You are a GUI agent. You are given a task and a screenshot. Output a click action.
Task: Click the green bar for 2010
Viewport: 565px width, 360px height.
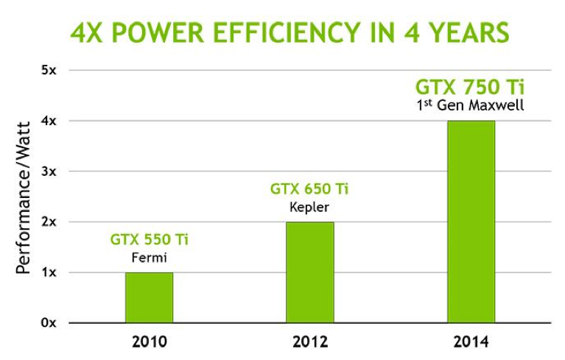coord(149,297)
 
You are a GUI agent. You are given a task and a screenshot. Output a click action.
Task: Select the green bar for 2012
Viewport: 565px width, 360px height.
coord(309,272)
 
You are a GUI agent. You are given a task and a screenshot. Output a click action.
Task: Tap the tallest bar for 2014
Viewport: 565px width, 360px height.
coord(471,222)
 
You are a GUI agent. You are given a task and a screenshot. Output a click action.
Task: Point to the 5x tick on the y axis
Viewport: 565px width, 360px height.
coord(49,71)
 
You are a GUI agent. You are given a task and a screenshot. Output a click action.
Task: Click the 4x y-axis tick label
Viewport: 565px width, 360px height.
coord(49,121)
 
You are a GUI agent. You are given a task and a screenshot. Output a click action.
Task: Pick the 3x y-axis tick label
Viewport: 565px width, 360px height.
coord(49,172)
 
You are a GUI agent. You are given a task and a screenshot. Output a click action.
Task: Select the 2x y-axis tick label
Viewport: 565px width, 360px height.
coord(49,222)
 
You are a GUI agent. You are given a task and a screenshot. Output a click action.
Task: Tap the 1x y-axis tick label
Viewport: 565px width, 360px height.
coord(49,272)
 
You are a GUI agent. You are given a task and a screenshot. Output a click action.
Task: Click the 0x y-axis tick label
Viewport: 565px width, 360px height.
coord(49,322)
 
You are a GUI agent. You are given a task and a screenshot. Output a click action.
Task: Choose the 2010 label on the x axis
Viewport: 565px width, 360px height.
coord(149,342)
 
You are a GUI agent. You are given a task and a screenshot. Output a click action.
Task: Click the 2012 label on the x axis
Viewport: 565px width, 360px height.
coord(309,342)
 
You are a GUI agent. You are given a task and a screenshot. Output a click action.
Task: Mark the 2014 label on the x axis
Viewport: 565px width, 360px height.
coord(471,342)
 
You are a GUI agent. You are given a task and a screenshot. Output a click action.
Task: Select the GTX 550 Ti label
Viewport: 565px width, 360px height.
coord(149,239)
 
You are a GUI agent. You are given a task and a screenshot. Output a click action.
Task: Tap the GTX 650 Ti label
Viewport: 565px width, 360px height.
coord(309,189)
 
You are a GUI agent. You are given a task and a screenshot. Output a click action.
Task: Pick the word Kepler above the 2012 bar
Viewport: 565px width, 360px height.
coord(309,207)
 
